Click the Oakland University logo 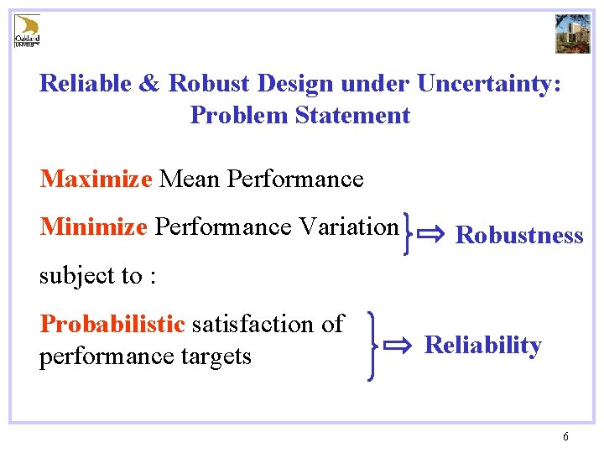(28, 30)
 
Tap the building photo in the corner (573, 33)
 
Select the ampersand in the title (149, 84)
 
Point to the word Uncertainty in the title (490, 84)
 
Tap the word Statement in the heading (352, 116)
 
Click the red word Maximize (96, 179)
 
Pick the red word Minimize (93, 226)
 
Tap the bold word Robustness (518, 236)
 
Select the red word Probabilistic (112, 324)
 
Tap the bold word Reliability (482, 346)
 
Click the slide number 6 (566, 436)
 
